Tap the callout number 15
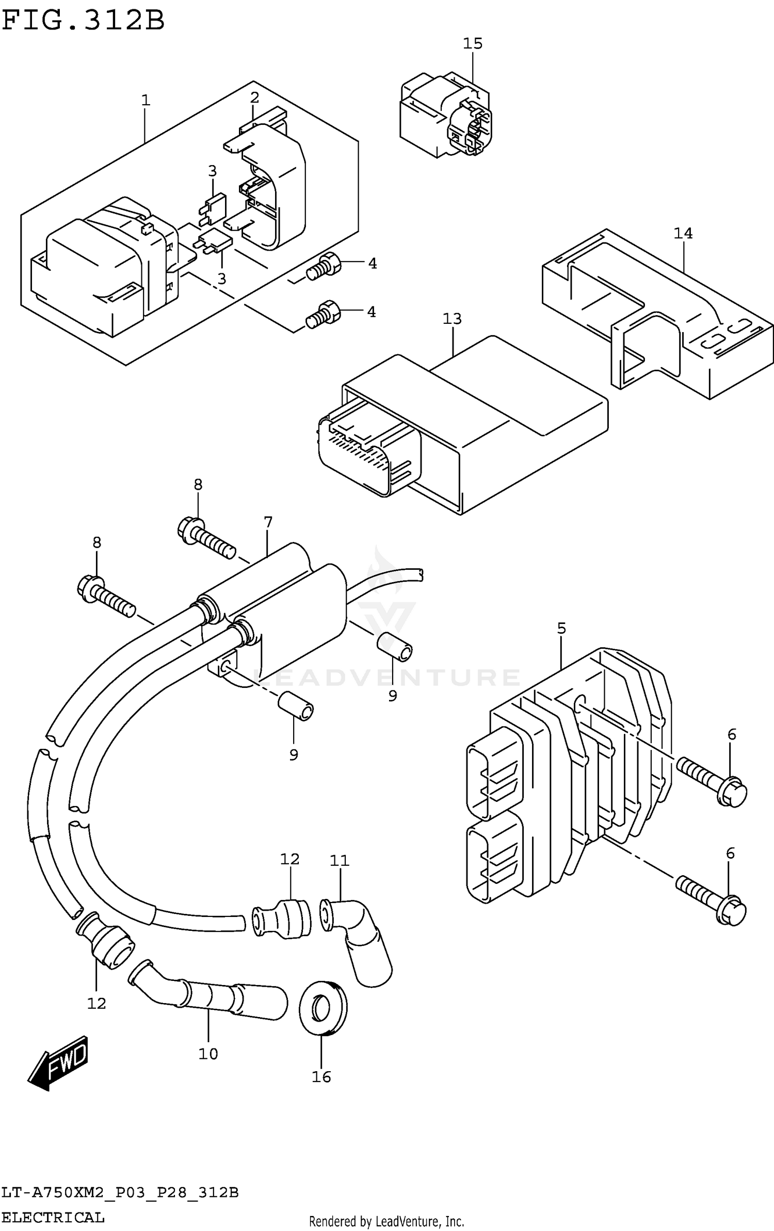472,43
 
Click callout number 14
683,234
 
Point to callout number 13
452,319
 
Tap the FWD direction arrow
58,1063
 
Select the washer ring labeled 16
324,1007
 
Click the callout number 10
208,1054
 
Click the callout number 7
267,522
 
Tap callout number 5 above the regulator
561,628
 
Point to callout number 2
254,97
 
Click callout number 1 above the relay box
146,100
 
